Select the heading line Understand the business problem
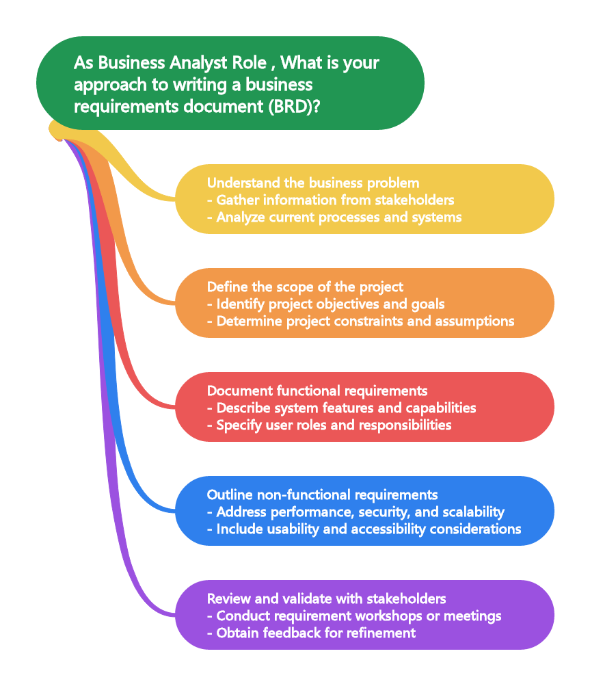coord(313,183)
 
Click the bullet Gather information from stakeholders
coord(335,200)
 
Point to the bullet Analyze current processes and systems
coord(338,217)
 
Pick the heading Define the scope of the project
coord(305,287)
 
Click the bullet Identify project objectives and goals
coord(330,304)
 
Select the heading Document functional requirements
coord(317,391)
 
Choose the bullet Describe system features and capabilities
coord(346,408)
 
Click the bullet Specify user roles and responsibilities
coord(334,425)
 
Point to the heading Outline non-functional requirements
coord(323,494)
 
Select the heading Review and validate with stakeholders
coord(327,598)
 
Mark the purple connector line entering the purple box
coord(164,612)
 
